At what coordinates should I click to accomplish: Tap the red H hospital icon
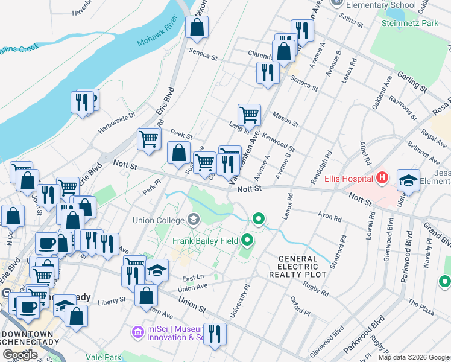(x=381, y=178)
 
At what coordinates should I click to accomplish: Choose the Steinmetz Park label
(x=410, y=24)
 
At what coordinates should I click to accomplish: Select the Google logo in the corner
(x=20, y=355)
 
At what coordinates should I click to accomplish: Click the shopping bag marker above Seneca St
(x=197, y=27)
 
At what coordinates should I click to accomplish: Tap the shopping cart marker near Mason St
(x=249, y=114)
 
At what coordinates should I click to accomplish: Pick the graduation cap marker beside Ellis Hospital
(x=408, y=180)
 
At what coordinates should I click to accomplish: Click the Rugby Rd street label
(x=317, y=289)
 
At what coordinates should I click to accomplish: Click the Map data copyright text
(x=413, y=357)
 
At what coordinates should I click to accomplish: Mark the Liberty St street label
(x=110, y=299)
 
